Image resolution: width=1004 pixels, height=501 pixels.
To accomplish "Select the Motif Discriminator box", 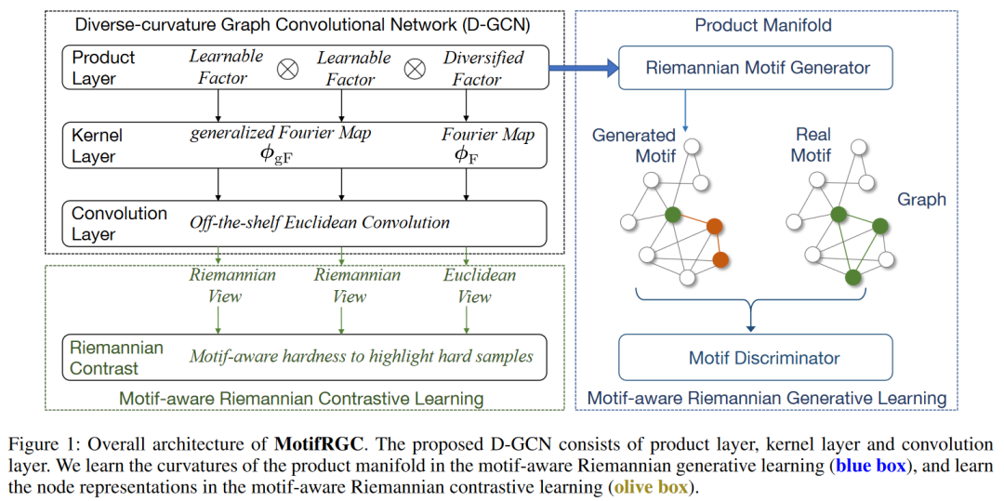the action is pyautogui.click(x=755, y=356).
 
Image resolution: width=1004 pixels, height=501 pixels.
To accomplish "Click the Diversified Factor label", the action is pyautogui.click(x=483, y=69).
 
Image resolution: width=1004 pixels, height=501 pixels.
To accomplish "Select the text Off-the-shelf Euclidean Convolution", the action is pyautogui.click(x=319, y=223).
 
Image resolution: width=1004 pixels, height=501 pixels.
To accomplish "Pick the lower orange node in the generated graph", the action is pyautogui.click(x=721, y=259).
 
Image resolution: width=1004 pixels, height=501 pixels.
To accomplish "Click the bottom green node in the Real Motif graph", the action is pyautogui.click(x=852, y=277).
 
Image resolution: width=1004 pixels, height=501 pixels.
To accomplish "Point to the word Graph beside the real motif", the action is pyautogui.click(x=923, y=200).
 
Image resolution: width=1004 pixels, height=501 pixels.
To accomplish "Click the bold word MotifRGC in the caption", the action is pyautogui.click(x=317, y=443).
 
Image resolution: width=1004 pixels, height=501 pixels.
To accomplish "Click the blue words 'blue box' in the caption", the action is pyautogui.click(x=871, y=466).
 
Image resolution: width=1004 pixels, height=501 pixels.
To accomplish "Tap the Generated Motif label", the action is pyautogui.click(x=634, y=146).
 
